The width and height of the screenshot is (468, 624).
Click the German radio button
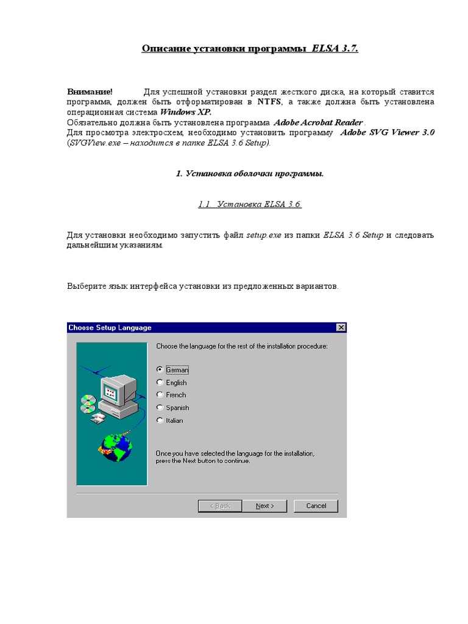[x=160, y=369]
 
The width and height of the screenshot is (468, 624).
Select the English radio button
[x=160, y=383]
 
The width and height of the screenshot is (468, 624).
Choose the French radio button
[x=160, y=395]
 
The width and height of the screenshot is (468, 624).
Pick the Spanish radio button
[x=160, y=408]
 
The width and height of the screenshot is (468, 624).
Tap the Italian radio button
[x=160, y=420]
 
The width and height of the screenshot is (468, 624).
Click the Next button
[x=264, y=506]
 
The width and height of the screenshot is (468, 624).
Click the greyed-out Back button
[x=220, y=506]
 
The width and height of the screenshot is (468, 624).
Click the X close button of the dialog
[x=341, y=328]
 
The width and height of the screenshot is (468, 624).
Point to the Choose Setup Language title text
[x=110, y=328]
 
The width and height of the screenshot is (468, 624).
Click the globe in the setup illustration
[x=115, y=446]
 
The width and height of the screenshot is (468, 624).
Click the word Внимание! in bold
[x=90, y=91]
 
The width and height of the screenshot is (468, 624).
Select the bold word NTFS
[x=269, y=102]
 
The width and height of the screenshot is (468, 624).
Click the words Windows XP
[x=186, y=112]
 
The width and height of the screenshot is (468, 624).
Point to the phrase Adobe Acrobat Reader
[x=318, y=122]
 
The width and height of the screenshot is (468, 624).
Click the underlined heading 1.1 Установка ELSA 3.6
[x=250, y=205]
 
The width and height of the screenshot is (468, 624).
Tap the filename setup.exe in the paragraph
[x=263, y=235]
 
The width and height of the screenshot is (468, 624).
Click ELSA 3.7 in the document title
[x=335, y=48]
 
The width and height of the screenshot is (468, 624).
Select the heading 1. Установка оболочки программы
[x=250, y=174]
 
